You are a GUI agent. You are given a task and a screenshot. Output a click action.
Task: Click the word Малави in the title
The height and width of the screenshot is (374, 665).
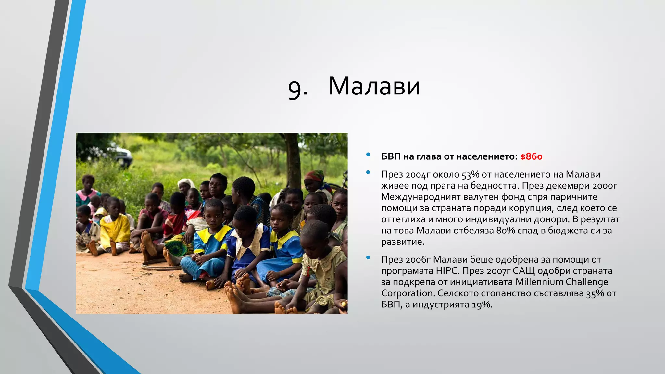point(374,86)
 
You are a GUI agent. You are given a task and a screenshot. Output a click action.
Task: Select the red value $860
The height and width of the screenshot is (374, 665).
point(531,157)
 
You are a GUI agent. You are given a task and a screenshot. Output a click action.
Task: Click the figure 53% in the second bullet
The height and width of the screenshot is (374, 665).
point(471,175)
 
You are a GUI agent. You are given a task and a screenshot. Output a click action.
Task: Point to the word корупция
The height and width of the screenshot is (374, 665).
point(526,208)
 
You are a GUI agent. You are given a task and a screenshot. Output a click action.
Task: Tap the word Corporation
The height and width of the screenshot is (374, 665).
point(407,293)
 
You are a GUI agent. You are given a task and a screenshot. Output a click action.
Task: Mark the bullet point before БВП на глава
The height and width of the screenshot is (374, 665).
point(368,155)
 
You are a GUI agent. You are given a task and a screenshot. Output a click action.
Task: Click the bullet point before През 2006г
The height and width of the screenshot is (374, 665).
point(368,258)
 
